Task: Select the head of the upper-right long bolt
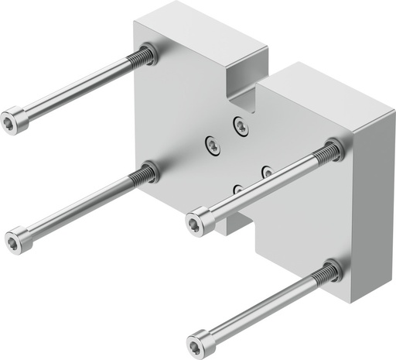[x=199, y=222]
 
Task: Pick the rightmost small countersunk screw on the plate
[x=267, y=170]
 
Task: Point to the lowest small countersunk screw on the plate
[x=237, y=188]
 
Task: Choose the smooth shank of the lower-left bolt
[x=77, y=207]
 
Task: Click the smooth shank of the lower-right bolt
[x=263, y=307]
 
